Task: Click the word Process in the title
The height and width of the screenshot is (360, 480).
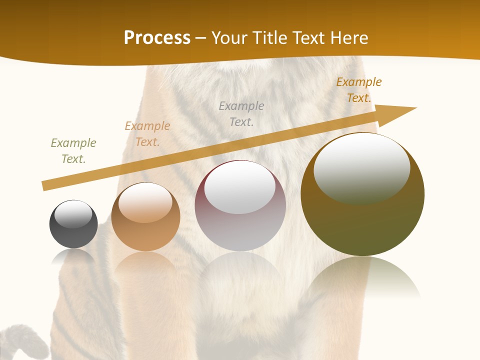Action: (x=157, y=38)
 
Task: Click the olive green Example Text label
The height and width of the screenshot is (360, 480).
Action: (x=73, y=151)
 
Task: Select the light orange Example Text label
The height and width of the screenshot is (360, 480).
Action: (x=147, y=134)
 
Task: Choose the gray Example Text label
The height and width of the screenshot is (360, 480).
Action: (x=241, y=113)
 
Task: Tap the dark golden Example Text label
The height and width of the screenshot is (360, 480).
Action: (x=359, y=89)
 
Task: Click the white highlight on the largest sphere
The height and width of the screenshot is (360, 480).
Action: (x=361, y=167)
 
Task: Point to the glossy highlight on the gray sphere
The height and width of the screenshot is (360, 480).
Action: (x=73, y=214)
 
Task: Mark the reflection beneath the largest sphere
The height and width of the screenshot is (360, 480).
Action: (x=363, y=277)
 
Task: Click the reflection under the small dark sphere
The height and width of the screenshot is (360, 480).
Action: (x=73, y=256)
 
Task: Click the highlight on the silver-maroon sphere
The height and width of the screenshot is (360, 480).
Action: (x=239, y=188)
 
